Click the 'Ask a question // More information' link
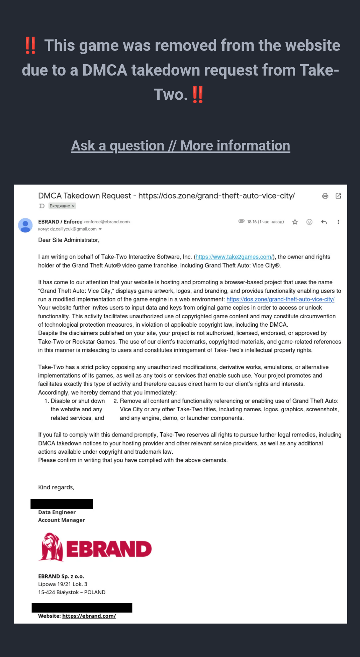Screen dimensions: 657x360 pyautogui.click(x=180, y=146)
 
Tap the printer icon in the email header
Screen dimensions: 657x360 pyautogui.click(x=325, y=196)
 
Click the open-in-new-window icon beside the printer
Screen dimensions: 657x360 pyautogui.click(x=338, y=196)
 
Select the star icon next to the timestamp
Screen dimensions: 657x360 pyautogui.click(x=295, y=222)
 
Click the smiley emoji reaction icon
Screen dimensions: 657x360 pyautogui.click(x=309, y=222)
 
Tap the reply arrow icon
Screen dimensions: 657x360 pyautogui.click(x=324, y=222)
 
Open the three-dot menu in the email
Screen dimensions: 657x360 pyautogui.click(x=338, y=222)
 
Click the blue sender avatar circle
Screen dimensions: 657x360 pyautogui.click(x=25, y=225)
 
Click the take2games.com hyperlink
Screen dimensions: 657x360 pyautogui.click(x=234, y=257)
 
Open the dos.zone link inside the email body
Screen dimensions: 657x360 pyautogui.click(x=280, y=299)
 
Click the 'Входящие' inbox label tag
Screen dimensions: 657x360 pyautogui.click(x=62, y=206)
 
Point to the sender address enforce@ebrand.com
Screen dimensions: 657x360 pyautogui.click(x=107, y=222)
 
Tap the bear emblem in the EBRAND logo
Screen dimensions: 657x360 pyautogui.click(x=51, y=547)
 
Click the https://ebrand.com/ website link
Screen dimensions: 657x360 pyautogui.click(x=89, y=616)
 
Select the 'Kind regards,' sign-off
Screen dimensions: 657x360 pyautogui.click(x=56, y=487)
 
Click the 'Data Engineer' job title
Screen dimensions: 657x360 pyautogui.click(x=57, y=512)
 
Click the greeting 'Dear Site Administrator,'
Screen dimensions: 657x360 pyautogui.click(x=69, y=240)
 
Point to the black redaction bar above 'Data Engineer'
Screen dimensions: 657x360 pyautogui.click(x=62, y=504)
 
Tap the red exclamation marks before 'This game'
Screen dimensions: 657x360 pyautogui.click(x=30, y=45)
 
